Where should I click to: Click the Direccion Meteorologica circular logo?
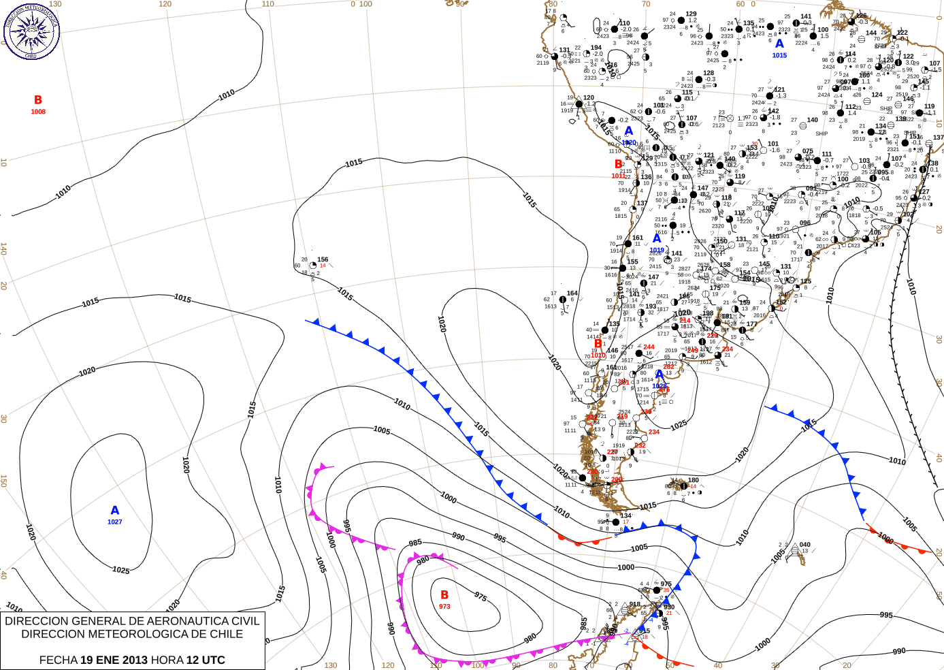pyautogui.click(x=31, y=31)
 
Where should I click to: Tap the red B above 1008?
pyautogui.click(x=38, y=100)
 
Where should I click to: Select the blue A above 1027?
pyautogui.click(x=115, y=511)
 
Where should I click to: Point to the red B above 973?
pyautogui.click(x=444, y=595)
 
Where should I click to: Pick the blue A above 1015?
pyautogui.click(x=779, y=44)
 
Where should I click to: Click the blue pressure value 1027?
pyautogui.click(x=115, y=522)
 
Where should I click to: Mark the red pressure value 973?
pyautogui.click(x=444, y=607)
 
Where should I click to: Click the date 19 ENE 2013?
pyautogui.click(x=114, y=660)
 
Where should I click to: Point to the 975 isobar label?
pyautogui.click(x=481, y=597)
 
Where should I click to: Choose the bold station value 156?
pyautogui.click(x=323, y=259)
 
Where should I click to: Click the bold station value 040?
pyautogui.click(x=805, y=545)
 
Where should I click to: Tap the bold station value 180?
pyautogui.click(x=693, y=480)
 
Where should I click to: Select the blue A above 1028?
pyautogui.click(x=659, y=375)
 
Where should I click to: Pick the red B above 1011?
pyautogui.click(x=618, y=164)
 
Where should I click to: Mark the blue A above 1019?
pyautogui.click(x=657, y=239)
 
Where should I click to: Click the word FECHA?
pyautogui.click(x=58, y=660)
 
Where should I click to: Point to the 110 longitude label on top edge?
pyautogui.click(x=268, y=4)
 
